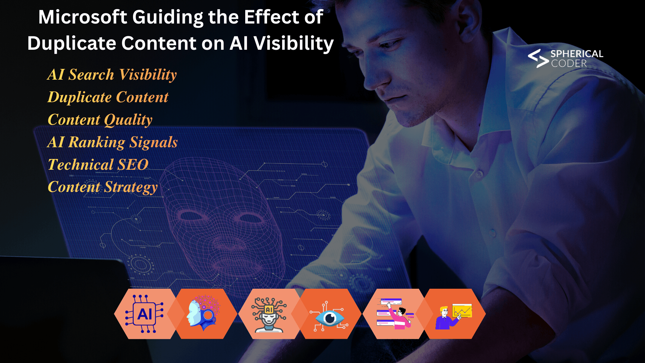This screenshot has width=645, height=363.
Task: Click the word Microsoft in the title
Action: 83,17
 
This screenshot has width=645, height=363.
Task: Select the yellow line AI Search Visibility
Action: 112,75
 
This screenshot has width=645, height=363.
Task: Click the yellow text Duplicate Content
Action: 108,97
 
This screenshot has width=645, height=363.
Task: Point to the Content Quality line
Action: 100,120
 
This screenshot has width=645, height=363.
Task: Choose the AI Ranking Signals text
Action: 113,142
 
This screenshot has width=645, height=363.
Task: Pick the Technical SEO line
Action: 98,165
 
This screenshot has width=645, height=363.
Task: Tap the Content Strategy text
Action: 103,187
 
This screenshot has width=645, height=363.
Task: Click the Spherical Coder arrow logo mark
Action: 538,58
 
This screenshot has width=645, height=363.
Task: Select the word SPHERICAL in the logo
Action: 576,54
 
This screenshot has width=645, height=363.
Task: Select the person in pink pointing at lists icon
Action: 395,314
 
